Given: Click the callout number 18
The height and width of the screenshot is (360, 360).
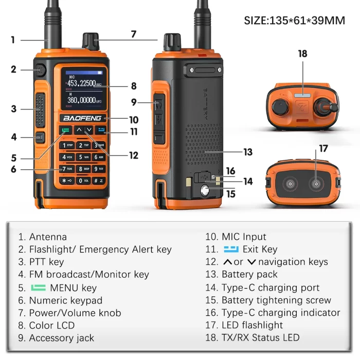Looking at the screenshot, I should (x=302, y=53).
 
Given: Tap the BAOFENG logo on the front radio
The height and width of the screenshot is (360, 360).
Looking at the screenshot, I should (x=83, y=118).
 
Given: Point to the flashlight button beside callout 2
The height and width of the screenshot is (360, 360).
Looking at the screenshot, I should (x=40, y=69).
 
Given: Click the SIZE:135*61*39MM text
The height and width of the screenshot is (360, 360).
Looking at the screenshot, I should (x=294, y=21).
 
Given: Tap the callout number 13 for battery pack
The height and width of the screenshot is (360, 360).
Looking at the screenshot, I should (x=248, y=152).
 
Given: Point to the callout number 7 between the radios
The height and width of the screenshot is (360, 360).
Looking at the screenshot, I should (x=134, y=34).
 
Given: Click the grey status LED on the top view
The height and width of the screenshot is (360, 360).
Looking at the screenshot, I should (x=302, y=94).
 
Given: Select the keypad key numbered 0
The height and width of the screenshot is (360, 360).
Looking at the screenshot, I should (x=83, y=181).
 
